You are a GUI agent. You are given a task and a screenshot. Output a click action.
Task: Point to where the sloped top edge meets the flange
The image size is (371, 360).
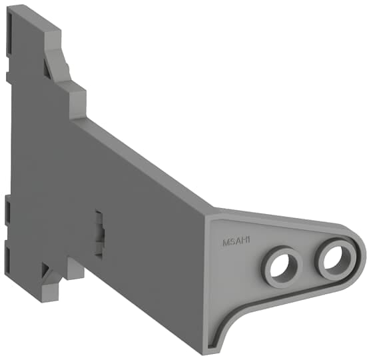[x=207, y=211]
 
